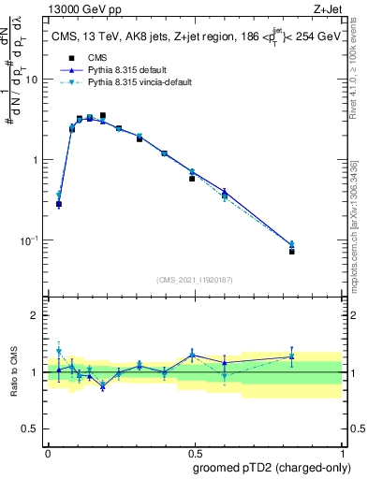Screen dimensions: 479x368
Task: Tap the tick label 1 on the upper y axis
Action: (36, 160)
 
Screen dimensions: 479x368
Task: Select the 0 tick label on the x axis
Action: (48, 452)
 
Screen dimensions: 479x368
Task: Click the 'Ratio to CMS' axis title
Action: (14, 372)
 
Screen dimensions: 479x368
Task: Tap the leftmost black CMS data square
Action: (59, 204)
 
